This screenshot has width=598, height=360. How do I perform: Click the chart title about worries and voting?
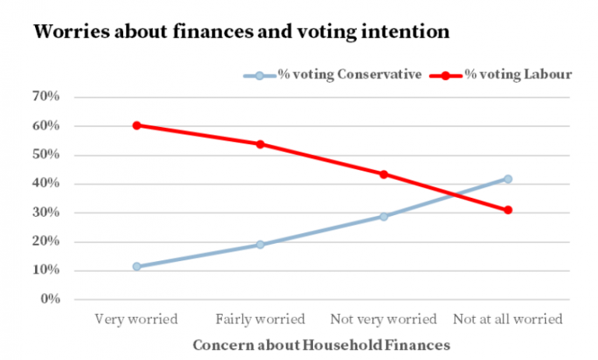click(x=241, y=32)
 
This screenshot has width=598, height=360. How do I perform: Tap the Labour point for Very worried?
click(x=136, y=125)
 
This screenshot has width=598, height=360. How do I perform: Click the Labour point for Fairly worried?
click(x=260, y=144)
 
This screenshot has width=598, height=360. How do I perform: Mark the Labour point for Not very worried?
click(x=384, y=174)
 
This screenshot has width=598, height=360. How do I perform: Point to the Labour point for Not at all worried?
click(x=508, y=210)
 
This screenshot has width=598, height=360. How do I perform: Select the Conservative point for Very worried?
click(x=136, y=266)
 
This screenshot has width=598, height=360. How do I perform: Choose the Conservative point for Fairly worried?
click(x=260, y=245)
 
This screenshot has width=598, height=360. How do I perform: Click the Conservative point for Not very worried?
click(x=384, y=216)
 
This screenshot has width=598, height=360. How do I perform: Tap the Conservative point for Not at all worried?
click(x=508, y=179)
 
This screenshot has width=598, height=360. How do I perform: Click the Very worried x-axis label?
click(x=136, y=319)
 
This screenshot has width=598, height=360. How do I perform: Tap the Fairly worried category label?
click(x=260, y=319)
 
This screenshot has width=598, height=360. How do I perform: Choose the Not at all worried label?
click(x=508, y=319)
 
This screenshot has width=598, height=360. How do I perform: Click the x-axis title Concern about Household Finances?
click(x=322, y=344)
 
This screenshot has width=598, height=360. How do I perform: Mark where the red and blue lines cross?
click(x=453, y=195)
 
